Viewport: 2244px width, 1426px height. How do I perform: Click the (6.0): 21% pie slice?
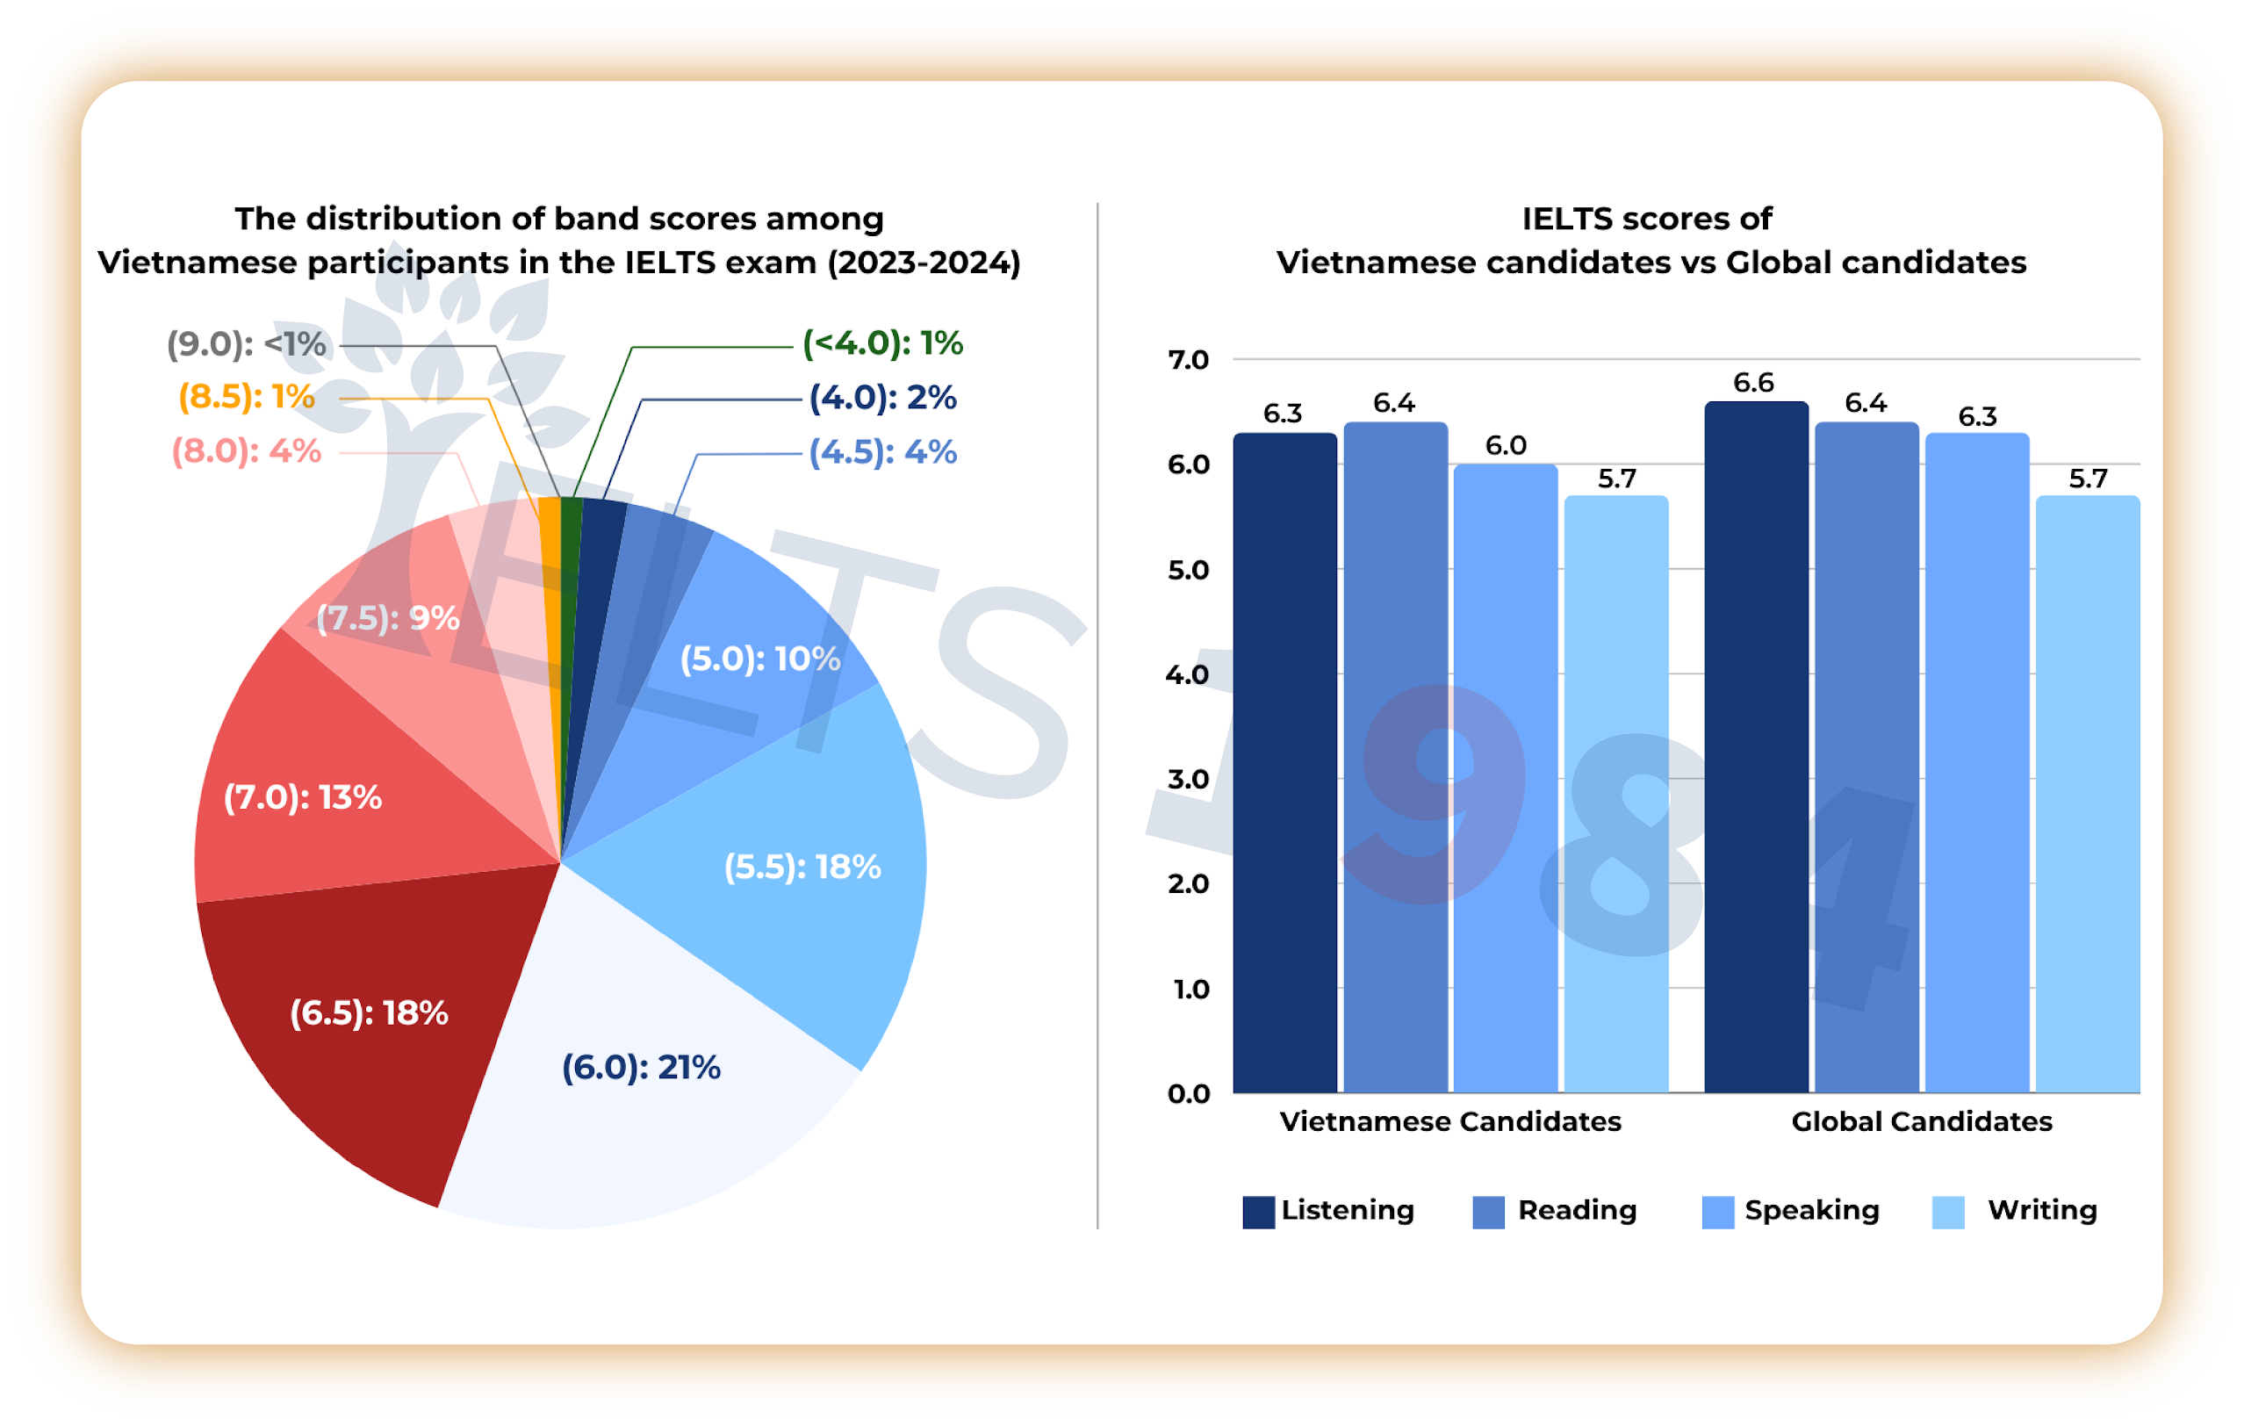coord(643,1099)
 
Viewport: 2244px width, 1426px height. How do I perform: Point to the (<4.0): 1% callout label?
coord(882,343)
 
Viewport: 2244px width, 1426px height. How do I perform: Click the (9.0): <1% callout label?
coord(246,344)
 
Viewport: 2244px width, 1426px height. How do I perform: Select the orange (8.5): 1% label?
coord(246,397)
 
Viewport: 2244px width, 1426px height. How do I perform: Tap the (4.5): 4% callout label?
coord(882,452)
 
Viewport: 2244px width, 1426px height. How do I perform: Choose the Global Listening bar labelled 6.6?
coord(1756,745)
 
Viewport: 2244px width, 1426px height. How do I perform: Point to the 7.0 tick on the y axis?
coord(1188,360)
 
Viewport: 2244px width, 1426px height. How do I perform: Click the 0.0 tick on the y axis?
coord(1188,1093)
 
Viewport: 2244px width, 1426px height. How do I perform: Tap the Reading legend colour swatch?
coord(1488,1213)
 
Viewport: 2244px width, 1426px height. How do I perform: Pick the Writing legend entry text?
coord(2042,1210)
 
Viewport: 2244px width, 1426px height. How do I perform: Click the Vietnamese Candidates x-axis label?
coord(1450,1121)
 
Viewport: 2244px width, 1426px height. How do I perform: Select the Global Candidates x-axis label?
coord(1922,1121)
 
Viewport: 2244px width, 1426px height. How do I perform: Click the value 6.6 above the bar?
coord(1753,382)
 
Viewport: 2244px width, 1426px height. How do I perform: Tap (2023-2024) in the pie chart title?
coord(924,263)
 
